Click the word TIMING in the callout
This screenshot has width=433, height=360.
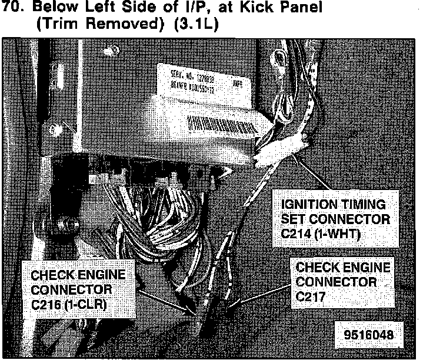[363, 205]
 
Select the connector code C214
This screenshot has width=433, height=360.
[299, 234]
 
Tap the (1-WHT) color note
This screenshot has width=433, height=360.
[341, 234]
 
